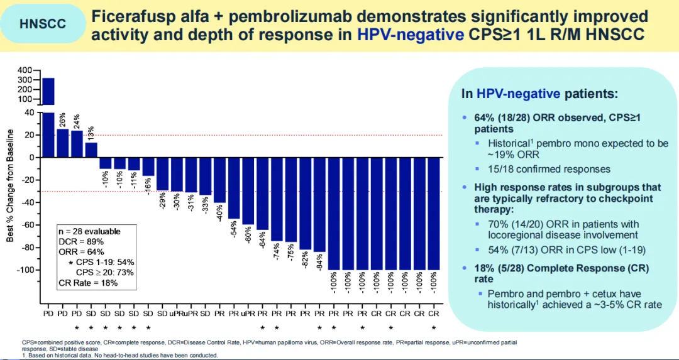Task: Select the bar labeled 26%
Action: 63,143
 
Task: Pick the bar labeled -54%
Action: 234,188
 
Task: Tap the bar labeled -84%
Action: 319,204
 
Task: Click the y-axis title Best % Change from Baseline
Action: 10,185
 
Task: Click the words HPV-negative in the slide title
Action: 410,35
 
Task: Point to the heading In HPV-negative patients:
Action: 539,94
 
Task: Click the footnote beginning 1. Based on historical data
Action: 119,355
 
